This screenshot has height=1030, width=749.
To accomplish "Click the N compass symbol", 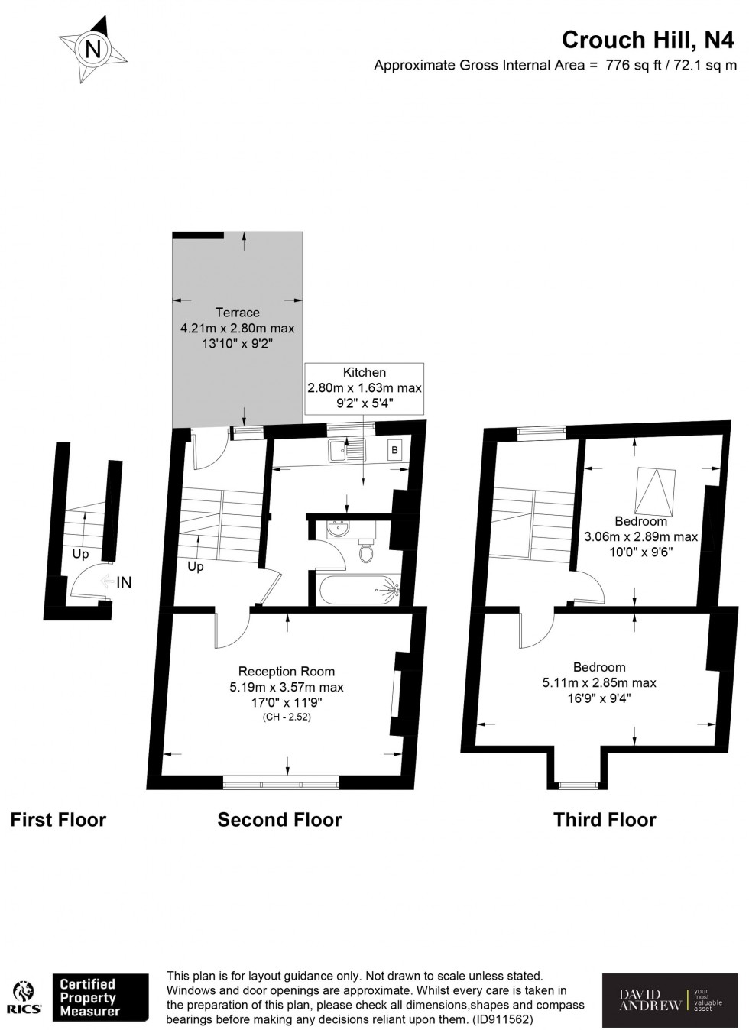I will point(93,50).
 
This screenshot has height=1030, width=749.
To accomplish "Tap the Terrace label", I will point(237,312).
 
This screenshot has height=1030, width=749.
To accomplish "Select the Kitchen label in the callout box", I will point(364,372).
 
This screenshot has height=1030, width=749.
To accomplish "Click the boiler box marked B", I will point(395,450).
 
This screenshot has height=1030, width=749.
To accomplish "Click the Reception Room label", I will point(286,671).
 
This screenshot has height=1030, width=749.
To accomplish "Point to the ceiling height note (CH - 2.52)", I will point(286,717).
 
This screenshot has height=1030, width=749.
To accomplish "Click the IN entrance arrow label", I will point(123,582).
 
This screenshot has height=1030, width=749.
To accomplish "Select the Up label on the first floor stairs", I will point(80,554).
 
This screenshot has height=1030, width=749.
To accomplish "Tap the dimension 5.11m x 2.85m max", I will point(599,682).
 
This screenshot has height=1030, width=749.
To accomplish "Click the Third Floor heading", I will point(604,820).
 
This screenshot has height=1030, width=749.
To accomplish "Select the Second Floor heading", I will point(279,820).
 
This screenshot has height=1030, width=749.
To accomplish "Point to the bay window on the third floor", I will point(579,784).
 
